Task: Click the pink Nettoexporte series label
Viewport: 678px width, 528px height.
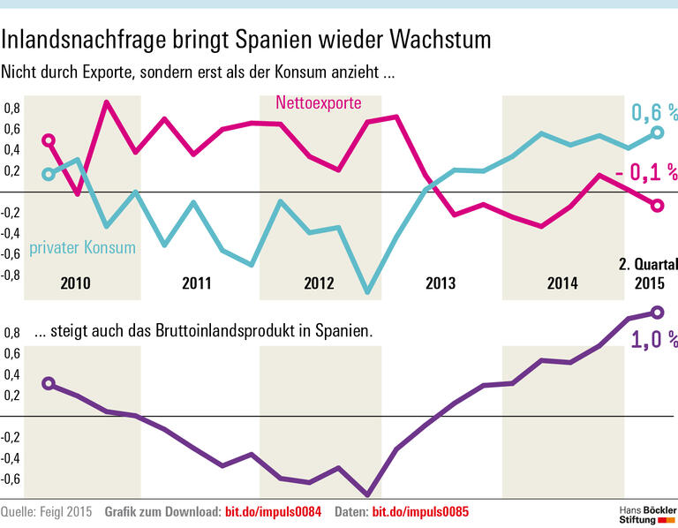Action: click(x=318, y=103)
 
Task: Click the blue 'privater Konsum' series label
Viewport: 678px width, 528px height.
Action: click(x=82, y=247)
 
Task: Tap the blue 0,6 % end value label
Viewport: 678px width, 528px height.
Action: click(x=653, y=112)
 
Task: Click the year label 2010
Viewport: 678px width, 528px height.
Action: click(x=77, y=283)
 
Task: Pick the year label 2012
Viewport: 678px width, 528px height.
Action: click(x=319, y=283)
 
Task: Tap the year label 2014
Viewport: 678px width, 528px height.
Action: click(x=561, y=283)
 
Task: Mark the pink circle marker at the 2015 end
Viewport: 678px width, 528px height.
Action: click(x=656, y=206)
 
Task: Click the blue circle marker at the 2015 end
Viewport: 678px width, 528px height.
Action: click(x=656, y=132)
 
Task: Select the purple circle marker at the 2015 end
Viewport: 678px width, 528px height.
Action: click(x=656, y=313)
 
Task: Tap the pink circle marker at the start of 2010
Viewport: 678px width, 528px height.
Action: click(x=49, y=140)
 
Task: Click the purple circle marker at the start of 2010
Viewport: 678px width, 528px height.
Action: click(x=49, y=383)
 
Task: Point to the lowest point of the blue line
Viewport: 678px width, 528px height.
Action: click(x=367, y=291)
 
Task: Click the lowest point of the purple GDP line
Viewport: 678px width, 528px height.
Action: click(x=367, y=494)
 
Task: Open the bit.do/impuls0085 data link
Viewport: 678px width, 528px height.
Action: click(x=419, y=511)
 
